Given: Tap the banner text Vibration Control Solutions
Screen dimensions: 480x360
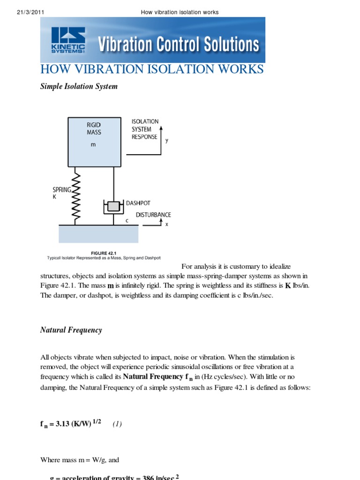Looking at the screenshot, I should click(178, 45).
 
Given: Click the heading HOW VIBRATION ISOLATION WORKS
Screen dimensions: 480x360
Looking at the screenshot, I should click(152, 69).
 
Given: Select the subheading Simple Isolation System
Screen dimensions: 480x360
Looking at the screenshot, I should click(79, 87).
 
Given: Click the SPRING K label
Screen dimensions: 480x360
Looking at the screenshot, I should click(61, 193).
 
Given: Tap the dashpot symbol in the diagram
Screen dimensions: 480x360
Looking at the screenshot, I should click(113, 207).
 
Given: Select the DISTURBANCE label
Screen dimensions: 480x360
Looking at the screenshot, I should click(153, 215).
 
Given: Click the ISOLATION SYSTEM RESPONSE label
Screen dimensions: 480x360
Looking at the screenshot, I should click(145, 129).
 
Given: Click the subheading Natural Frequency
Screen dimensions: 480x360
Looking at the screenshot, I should click(71, 330).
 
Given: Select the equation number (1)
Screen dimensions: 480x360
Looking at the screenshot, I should click(117, 424).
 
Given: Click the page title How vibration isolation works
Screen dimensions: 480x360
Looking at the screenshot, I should click(180, 12).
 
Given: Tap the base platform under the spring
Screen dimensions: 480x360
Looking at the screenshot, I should click(98, 234).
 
